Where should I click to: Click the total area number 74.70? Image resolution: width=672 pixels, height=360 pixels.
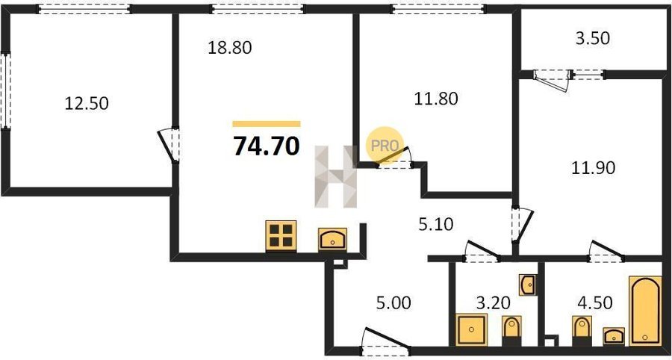pos(266,146)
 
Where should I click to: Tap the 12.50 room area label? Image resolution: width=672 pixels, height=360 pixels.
pos(87,103)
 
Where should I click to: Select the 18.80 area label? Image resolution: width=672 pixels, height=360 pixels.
pos(230,48)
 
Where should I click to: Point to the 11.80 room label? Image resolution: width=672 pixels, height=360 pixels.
pos(436,99)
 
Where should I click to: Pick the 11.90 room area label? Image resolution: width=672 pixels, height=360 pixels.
pos(594,167)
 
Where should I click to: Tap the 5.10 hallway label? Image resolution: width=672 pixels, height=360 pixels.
pos(435,224)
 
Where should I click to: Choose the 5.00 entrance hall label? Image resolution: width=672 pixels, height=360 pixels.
pos(393,303)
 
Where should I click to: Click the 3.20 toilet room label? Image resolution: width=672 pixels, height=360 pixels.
pos(494,303)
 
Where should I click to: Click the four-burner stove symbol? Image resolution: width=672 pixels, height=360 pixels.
pos(281,236)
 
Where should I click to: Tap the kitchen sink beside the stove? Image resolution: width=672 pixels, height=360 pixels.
pos(332,240)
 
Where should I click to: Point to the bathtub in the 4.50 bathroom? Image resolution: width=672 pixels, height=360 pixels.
pos(645,311)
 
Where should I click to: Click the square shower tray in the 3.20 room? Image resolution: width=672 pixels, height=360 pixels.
pos(471,329)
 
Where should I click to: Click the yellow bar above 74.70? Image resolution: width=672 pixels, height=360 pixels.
pos(267,124)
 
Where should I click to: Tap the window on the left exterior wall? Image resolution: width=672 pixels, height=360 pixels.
pos(5,90)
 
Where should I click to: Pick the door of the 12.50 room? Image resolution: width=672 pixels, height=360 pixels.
pos(169,146)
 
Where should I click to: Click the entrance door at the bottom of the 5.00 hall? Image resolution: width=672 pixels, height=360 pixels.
pos(386,343)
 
